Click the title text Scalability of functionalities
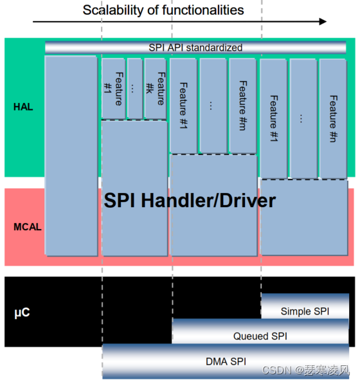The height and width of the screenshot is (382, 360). pos(163,10)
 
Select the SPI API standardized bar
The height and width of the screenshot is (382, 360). pos(195,48)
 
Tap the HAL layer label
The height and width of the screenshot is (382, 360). pos(23,107)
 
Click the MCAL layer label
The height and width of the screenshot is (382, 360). pos(26,227)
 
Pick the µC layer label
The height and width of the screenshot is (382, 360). pos(22,313)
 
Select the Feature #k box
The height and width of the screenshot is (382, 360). pos(155,89)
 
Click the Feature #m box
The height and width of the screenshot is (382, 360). pos(242,105)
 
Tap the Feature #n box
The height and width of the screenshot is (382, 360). pos(333,118)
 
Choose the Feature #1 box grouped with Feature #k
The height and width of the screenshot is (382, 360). pos(113,89)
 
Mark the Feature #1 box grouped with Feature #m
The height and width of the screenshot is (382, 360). pos(183,105)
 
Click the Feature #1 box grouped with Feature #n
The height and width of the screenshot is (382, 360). pos(273,118)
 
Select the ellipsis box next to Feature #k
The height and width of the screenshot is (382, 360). pos(134,89)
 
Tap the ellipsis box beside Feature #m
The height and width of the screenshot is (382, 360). pos(213,105)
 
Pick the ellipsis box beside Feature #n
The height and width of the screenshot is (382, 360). pos(303,118)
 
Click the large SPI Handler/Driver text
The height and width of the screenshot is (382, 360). pos(190,201)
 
